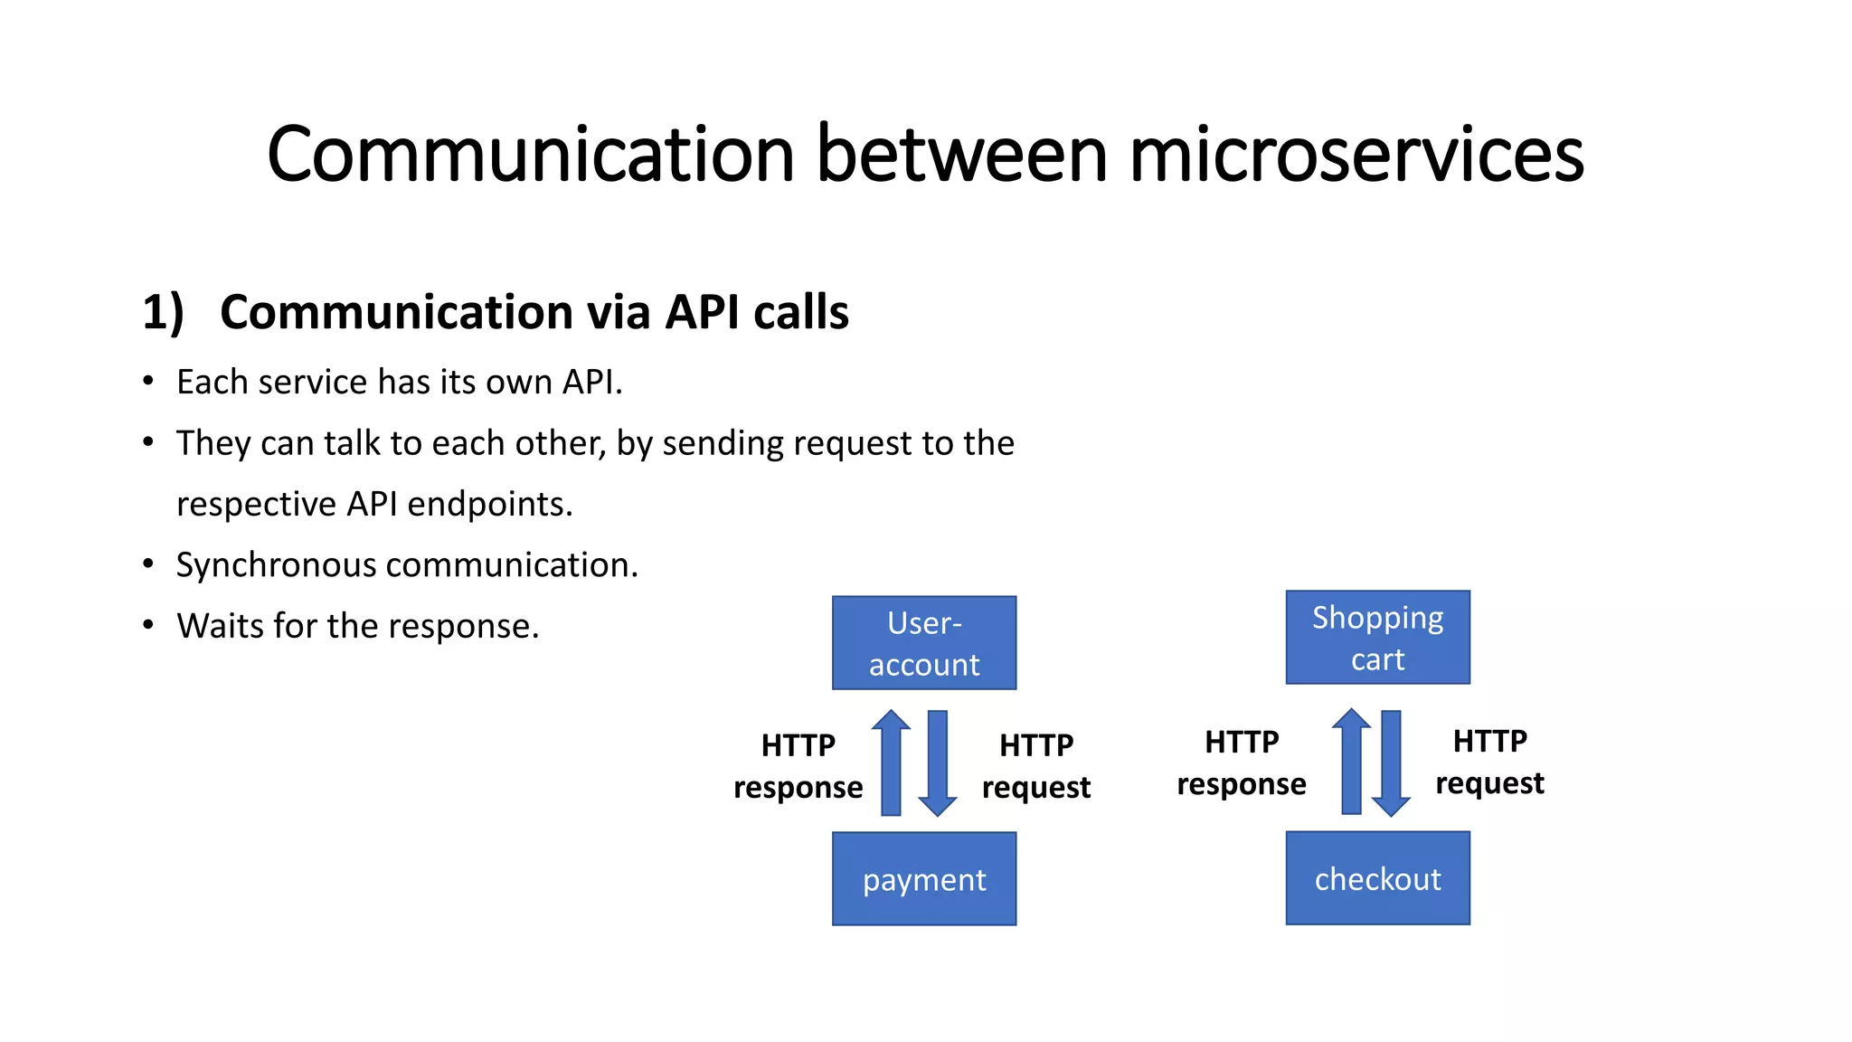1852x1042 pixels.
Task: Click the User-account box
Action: (924, 643)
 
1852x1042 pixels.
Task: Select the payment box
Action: (924, 879)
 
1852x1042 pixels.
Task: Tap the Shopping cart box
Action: (1377, 638)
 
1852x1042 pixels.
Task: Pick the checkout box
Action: (1377, 878)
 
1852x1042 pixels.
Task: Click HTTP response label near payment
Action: (798, 766)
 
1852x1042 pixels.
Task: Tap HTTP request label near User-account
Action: (1036, 766)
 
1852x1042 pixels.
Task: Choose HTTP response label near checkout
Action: (1242, 763)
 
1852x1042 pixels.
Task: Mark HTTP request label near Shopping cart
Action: (1489, 762)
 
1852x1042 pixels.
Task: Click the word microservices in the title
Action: (1356, 155)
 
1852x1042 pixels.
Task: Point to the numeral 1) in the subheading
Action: (163, 312)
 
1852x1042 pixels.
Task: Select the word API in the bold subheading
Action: (702, 312)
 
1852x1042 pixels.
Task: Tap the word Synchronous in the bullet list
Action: (276, 565)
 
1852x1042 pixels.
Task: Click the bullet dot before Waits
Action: (148, 625)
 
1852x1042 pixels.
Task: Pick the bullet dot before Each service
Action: (148, 381)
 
